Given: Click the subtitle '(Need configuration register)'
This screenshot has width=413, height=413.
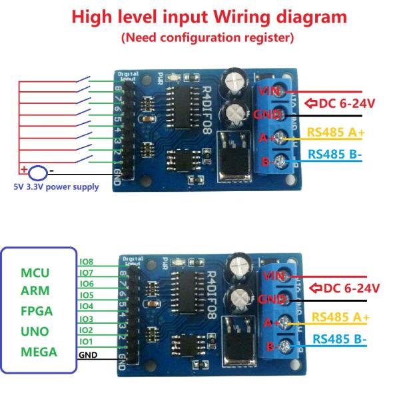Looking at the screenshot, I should pyautogui.click(x=207, y=38).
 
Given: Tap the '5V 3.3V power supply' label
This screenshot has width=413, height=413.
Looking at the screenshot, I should pyautogui.click(x=56, y=187).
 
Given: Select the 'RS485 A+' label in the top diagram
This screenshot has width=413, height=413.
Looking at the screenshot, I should pyautogui.click(x=335, y=132).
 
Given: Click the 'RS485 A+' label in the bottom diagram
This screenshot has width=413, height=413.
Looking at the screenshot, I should pyautogui.click(x=341, y=317).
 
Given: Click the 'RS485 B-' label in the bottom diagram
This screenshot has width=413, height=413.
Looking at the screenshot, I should pyautogui.click(x=341, y=338).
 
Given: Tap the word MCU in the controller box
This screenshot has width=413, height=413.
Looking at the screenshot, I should pyautogui.click(x=35, y=273).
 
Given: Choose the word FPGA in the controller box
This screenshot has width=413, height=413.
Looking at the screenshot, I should pyautogui.click(x=37, y=311).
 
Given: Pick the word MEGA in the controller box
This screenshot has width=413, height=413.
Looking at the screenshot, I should pyautogui.click(x=39, y=351).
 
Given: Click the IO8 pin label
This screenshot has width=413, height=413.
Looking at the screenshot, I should pyautogui.click(x=86, y=262).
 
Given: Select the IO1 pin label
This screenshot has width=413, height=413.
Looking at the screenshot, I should pyautogui.click(x=86, y=341).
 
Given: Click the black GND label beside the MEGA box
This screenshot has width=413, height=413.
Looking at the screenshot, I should pyautogui.click(x=88, y=355).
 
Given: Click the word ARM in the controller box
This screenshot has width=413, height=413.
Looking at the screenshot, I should pyautogui.click(x=36, y=292).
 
